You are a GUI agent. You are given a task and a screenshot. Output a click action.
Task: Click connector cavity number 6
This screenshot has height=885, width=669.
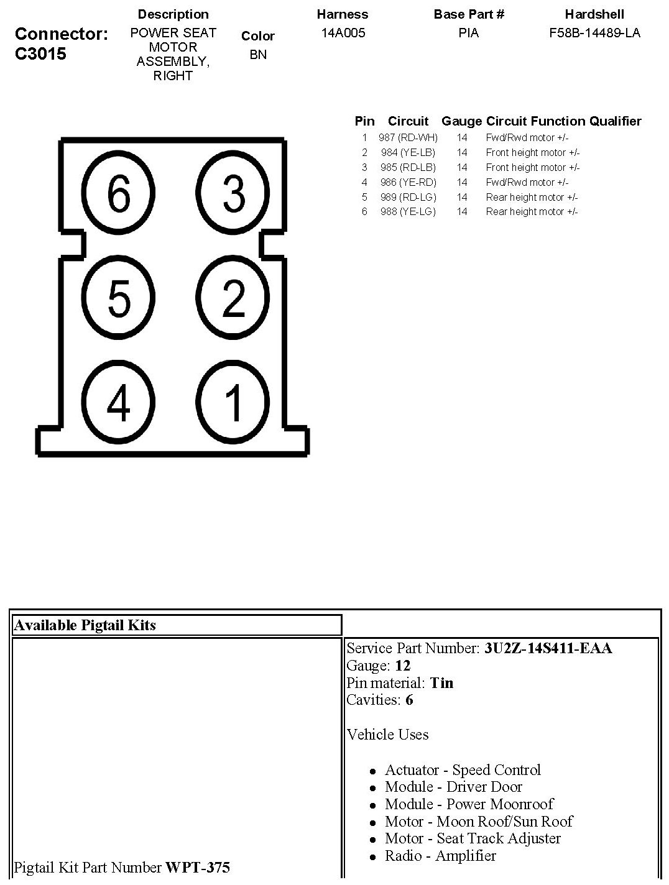coord(118,193)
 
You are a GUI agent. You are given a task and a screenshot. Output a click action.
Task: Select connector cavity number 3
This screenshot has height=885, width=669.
coord(233,193)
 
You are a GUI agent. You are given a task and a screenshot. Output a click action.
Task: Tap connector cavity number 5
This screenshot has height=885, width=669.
coord(118,297)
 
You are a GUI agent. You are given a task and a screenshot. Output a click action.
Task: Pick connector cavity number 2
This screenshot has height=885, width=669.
coord(233,297)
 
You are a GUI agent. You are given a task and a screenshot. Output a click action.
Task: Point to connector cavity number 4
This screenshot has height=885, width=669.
coord(118,402)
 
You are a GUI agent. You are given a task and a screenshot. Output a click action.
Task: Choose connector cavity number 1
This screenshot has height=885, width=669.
coord(233,402)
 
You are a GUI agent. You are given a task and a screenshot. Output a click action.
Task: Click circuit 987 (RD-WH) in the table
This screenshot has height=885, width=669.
coord(408,137)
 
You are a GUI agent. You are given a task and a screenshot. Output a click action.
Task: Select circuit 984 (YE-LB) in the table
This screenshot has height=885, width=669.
coord(408,152)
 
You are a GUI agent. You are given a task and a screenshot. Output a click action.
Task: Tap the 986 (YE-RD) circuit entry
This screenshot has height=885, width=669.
coord(408,182)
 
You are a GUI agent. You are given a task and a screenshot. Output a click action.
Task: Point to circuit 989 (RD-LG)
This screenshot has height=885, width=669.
coord(408,197)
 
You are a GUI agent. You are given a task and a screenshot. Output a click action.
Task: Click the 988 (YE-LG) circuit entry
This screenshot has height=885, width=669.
coord(408,211)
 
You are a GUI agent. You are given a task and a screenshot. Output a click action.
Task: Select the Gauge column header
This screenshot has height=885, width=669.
coord(461,121)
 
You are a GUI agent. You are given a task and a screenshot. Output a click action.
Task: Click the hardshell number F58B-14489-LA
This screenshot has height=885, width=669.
coord(594,33)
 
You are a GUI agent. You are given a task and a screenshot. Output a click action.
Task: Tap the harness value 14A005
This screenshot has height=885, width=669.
coord(343,33)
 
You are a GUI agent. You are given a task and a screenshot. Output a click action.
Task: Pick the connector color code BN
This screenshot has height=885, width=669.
coord(258,55)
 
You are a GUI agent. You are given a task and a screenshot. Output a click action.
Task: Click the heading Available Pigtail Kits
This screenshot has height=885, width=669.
coord(85,625)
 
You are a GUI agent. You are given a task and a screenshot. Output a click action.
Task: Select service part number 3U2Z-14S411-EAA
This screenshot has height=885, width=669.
coord(548,648)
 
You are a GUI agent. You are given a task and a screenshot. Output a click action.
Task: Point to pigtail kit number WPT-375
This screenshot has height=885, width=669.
coord(197,867)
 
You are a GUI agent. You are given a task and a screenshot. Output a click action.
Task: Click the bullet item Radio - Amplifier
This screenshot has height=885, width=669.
coord(440,856)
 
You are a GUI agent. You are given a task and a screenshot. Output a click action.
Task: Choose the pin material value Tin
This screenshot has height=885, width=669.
coord(441,682)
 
